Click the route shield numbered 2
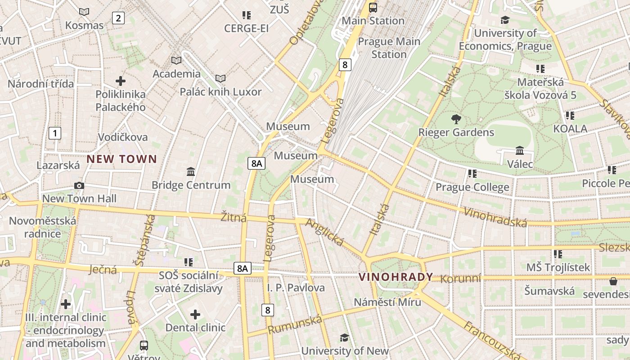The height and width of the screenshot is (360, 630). [x=118, y=18]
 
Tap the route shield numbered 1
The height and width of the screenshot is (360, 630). [x=54, y=133]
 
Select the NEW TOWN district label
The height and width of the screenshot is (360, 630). [x=121, y=159]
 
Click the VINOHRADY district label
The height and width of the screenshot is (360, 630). [x=396, y=277]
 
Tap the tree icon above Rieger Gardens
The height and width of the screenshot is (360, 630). [x=456, y=119]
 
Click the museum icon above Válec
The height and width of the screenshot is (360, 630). [x=520, y=151]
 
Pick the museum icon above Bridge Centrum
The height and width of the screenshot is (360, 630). [x=190, y=172]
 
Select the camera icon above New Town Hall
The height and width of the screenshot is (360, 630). [x=79, y=186]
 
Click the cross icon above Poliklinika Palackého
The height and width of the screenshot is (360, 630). [x=120, y=81]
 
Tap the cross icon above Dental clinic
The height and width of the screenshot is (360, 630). [x=195, y=314]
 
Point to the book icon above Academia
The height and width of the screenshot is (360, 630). [x=176, y=60]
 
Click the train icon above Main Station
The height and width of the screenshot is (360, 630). [x=373, y=8]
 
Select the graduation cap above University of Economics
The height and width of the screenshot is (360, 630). [x=505, y=20]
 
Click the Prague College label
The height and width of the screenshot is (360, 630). [x=472, y=187]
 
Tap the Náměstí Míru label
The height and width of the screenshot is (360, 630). [x=387, y=302]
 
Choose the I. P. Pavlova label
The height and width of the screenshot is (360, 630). [x=296, y=288]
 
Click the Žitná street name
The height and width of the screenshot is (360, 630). [x=234, y=218]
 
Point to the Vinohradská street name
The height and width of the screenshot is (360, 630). [x=495, y=217]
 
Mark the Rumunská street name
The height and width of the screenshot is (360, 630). [x=295, y=324]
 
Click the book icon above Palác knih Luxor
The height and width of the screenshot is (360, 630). [x=220, y=79]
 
